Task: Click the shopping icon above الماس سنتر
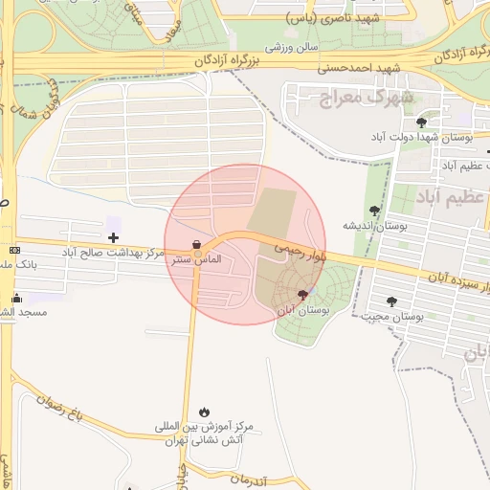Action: pyautogui.click(x=196, y=243)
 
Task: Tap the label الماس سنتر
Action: pyautogui.click(x=196, y=259)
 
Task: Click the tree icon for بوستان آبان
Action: pyautogui.click(x=303, y=295)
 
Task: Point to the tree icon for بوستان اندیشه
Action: pyautogui.click(x=374, y=211)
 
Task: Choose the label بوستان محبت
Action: pyautogui.click(x=393, y=317)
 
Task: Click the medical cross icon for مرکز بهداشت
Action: pyautogui.click(x=114, y=236)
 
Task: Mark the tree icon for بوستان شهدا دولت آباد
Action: pyautogui.click(x=422, y=122)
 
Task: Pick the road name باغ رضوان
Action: pyautogui.click(x=63, y=409)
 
